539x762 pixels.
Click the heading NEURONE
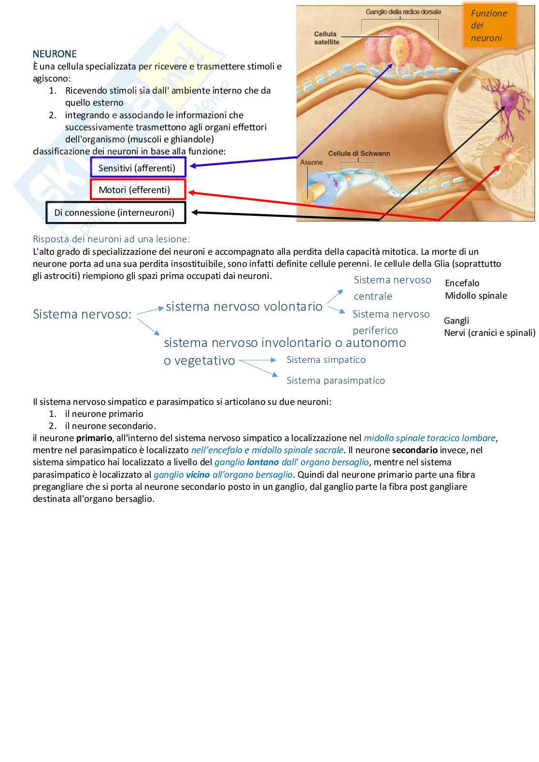55,54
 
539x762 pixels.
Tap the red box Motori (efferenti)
138,190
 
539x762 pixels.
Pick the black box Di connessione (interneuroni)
115,212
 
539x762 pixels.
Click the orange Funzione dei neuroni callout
489,26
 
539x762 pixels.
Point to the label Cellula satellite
326,38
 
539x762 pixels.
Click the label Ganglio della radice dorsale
403,12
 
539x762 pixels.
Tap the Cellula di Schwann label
358,153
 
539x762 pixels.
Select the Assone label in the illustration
311,162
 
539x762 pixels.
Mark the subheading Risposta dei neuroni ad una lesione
112,239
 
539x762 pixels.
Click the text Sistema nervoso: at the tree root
82,314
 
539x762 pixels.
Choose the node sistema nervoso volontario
244,306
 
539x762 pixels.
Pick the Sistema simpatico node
326,360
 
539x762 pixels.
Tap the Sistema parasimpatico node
336,380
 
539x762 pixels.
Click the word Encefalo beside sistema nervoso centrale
462,283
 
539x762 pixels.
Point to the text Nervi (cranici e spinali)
489,333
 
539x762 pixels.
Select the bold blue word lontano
263,462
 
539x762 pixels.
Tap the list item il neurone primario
104,414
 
